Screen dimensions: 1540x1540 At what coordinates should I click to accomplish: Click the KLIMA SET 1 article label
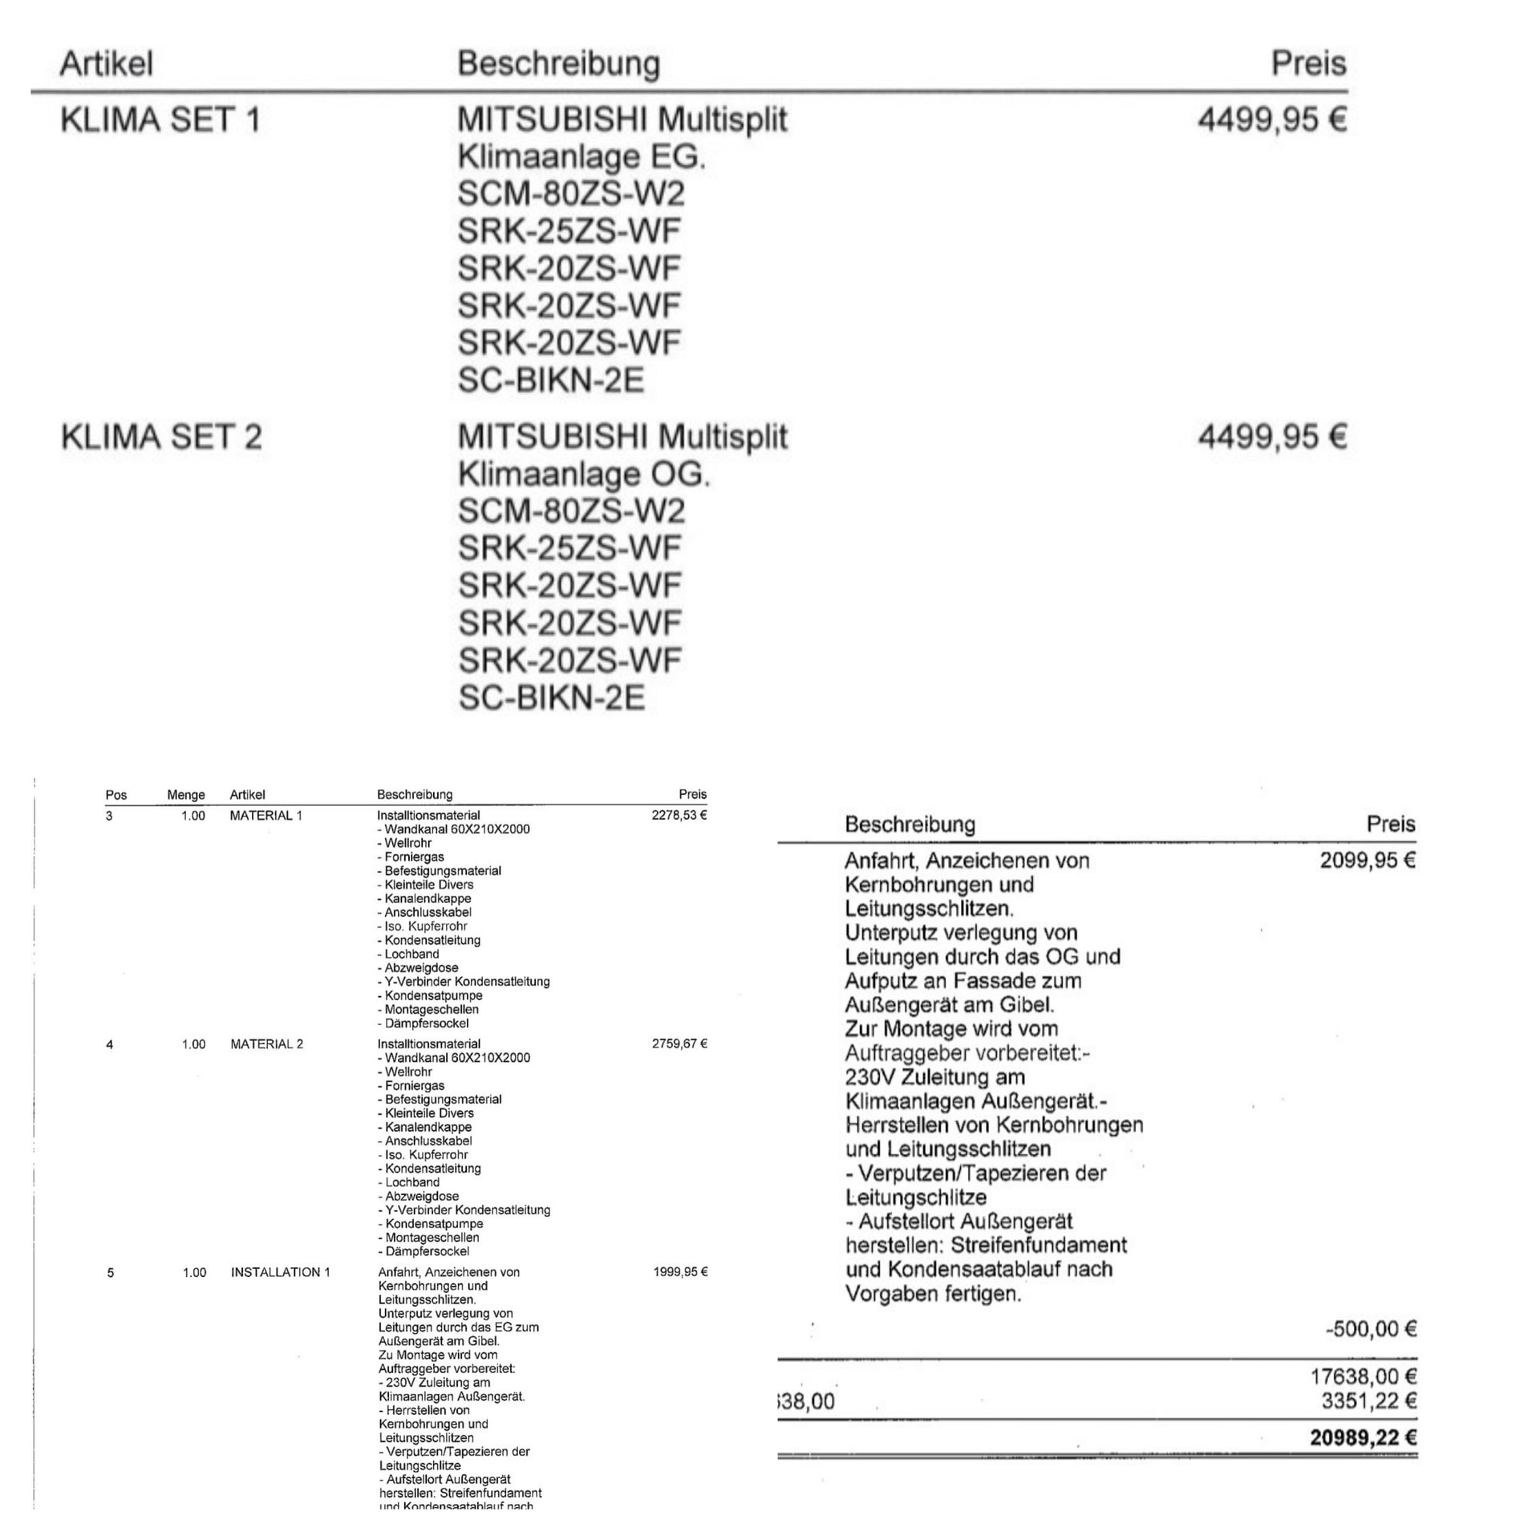tap(160, 120)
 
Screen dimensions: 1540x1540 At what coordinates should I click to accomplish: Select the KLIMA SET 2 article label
tap(161, 437)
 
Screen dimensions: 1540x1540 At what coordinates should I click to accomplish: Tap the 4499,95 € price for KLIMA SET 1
tap(1271, 120)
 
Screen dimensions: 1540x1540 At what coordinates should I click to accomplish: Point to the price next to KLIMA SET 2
tap(1271, 437)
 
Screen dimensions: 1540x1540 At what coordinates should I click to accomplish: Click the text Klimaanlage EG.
tap(582, 157)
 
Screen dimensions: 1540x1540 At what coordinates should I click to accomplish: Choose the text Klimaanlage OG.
tap(584, 475)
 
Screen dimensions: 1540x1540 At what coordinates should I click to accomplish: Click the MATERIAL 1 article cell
tap(265, 816)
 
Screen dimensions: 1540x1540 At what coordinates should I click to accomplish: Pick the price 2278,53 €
tap(679, 816)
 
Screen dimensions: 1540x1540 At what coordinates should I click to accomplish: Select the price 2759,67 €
tap(679, 1044)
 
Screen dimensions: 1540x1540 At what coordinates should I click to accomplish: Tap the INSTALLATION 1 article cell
tap(280, 1272)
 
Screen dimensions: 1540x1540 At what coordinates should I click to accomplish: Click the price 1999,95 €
tap(680, 1272)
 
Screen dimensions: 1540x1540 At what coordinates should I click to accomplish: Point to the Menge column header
tap(186, 795)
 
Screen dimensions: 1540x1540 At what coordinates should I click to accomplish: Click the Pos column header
tap(116, 795)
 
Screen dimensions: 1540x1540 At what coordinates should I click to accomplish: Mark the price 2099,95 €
tap(1368, 861)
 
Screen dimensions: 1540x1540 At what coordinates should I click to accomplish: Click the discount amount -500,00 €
tap(1371, 1329)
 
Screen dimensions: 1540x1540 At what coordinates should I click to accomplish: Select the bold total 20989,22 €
tap(1364, 1437)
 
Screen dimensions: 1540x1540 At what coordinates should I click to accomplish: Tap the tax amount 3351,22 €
tap(1369, 1401)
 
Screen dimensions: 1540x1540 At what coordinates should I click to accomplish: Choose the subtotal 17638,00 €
tap(1364, 1376)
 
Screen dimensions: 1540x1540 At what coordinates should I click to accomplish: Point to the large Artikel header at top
tap(106, 63)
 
